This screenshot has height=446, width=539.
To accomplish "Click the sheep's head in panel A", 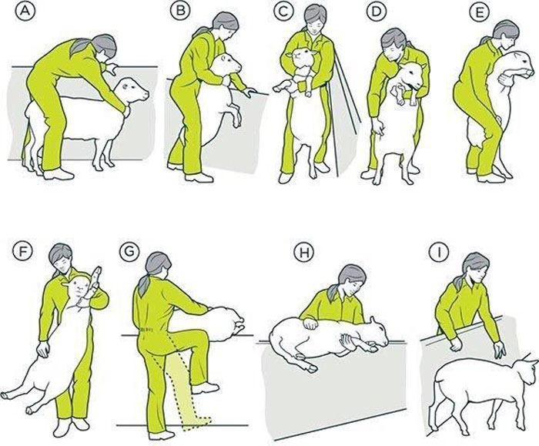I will [x=134, y=93].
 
